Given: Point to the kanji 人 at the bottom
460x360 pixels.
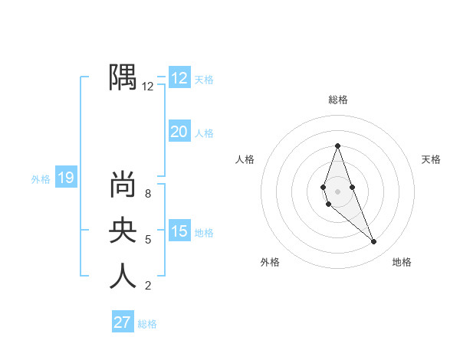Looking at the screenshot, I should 123,275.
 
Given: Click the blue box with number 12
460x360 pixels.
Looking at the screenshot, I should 179,78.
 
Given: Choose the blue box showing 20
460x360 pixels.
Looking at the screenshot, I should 179,132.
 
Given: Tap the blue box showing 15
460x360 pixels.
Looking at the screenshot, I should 179,231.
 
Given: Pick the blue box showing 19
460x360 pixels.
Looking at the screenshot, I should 66,178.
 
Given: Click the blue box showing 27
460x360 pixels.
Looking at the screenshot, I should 123,322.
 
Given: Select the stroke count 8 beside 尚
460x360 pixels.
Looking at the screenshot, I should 148,194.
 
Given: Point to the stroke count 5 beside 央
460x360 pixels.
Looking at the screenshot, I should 148,240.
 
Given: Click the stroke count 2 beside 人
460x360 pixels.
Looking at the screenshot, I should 148,286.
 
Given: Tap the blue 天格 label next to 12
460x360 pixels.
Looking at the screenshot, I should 204,80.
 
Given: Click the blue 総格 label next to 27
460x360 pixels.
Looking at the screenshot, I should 147,324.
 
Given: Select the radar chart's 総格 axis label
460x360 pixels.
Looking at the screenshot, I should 338,100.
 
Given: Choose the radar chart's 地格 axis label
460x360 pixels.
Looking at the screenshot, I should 402,262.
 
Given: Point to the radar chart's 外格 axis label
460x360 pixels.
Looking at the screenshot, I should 270,262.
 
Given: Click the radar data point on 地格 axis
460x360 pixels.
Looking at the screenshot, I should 373,242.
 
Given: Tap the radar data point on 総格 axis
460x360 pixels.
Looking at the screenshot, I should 337,146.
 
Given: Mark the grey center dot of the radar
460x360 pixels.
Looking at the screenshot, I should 337,191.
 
